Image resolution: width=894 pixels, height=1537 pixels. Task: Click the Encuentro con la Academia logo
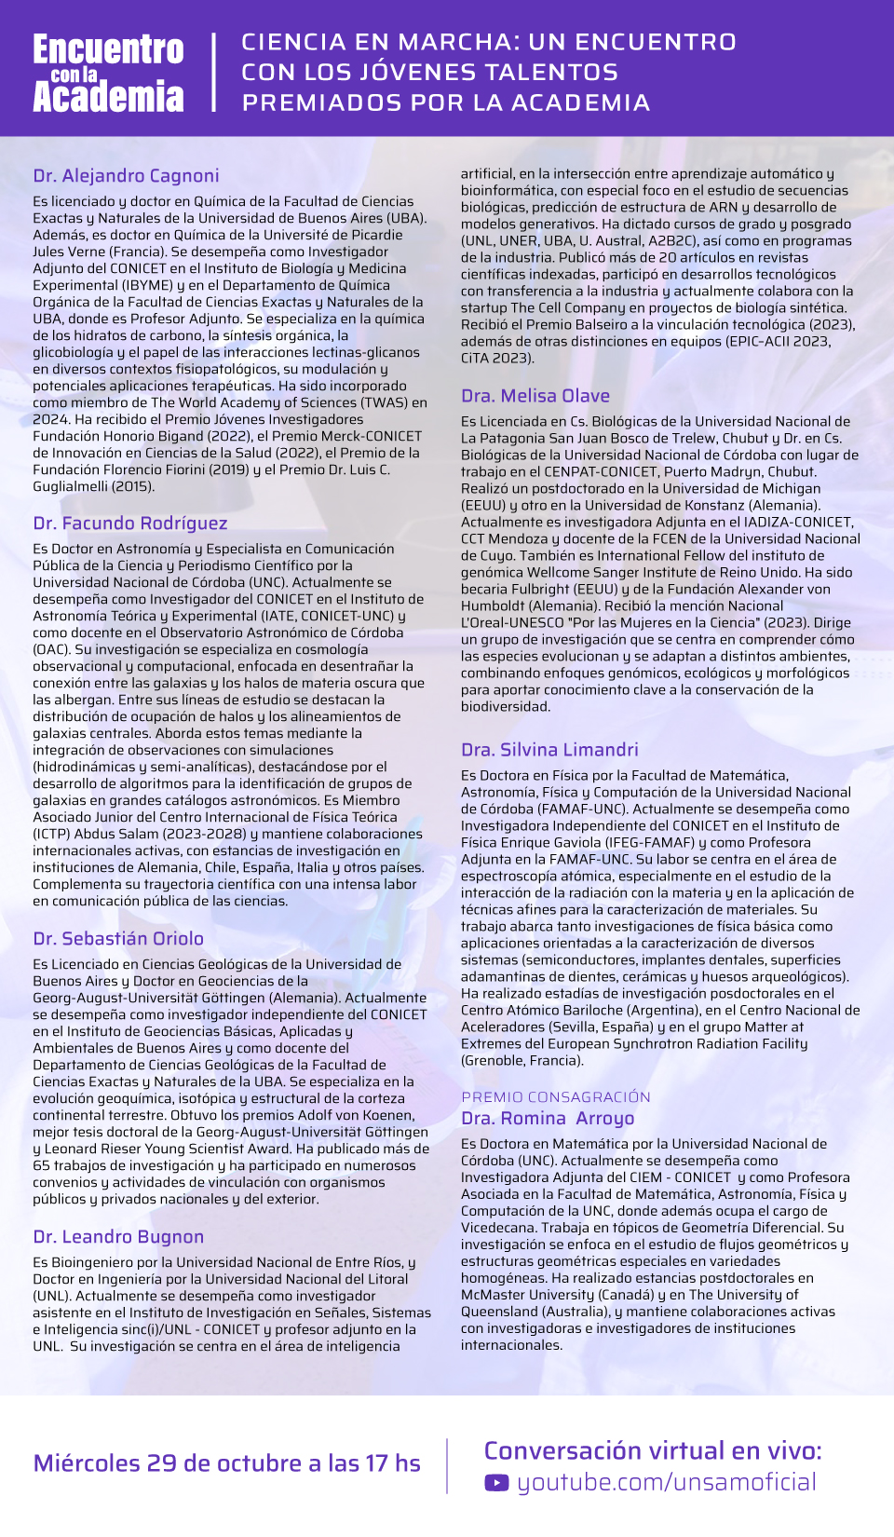click(x=108, y=74)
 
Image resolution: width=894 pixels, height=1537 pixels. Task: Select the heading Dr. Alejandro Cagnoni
click(x=126, y=176)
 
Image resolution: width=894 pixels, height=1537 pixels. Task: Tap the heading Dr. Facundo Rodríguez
click(x=130, y=524)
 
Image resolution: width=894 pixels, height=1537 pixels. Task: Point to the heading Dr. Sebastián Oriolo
click(x=118, y=939)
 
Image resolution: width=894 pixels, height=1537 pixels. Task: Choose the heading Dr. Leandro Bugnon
click(x=118, y=1237)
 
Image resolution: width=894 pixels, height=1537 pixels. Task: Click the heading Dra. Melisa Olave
click(x=535, y=396)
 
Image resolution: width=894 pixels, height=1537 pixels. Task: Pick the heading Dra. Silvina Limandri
click(x=549, y=750)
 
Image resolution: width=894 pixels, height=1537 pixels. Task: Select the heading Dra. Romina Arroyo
click(x=548, y=1119)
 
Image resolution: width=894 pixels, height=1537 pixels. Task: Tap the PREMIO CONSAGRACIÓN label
click(x=556, y=1097)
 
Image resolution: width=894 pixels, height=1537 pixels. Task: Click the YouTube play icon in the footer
click(x=496, y=1483)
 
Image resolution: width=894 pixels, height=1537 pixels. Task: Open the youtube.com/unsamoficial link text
click(x=667, y=1483)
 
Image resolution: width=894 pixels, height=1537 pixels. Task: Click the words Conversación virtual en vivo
click(x=652, y=1451)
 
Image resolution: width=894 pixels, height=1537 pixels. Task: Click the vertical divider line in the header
click(x=214, y=73)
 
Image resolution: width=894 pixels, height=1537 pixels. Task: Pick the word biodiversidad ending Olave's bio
click(x=506, y=707)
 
